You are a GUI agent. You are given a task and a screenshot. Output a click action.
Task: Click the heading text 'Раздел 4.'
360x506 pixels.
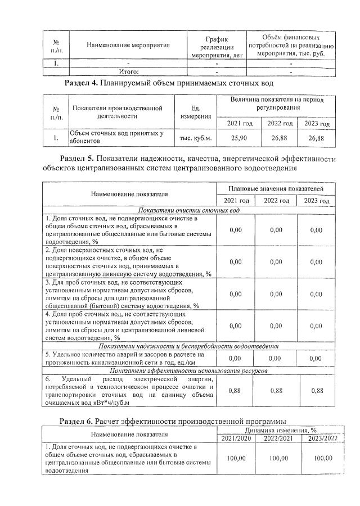pos(82,84)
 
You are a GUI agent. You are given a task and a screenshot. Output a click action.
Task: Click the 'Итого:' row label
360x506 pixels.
pos(129,72)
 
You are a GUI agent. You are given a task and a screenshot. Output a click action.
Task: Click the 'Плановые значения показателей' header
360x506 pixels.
pos(276,188)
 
